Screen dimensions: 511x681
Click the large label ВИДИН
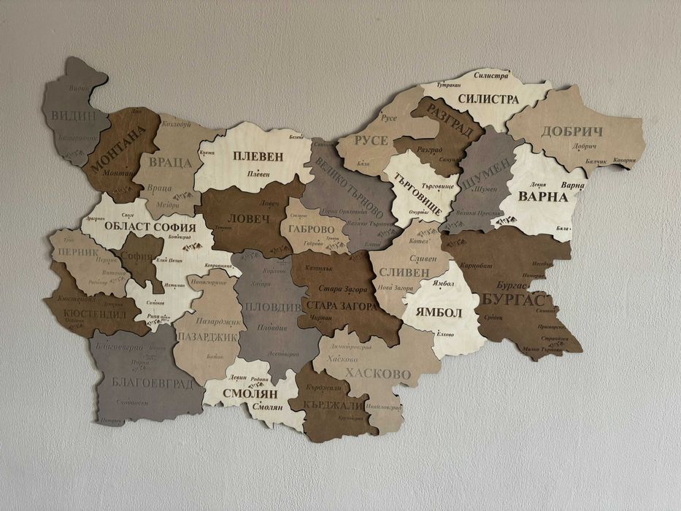point(74,115)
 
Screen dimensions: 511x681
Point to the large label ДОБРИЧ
point(572,131)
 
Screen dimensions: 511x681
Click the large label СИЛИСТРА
point(488,99)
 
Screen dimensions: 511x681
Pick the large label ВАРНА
point(542,196)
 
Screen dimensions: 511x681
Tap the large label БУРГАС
point(513,299)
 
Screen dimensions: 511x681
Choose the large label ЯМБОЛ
point(439,312)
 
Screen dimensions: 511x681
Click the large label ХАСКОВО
point(378,374)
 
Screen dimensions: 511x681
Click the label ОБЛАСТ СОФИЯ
point(150,226)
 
